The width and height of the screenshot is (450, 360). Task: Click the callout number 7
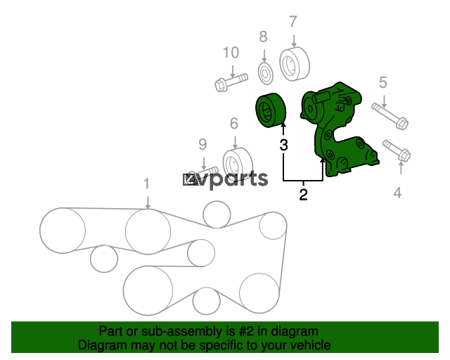pos(292,22)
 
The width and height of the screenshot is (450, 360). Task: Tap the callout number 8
pos(263,37)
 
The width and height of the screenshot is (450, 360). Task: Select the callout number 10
pos(231,53)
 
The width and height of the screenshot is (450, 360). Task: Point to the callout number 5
pos(383,82)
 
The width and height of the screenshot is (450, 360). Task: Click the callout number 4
pos(397,193)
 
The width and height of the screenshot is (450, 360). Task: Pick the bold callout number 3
pos(283,145)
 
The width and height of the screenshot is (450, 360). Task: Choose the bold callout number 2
pos(303,195)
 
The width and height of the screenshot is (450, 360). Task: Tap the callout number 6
pos(234,124)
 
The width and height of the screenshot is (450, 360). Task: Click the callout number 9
pos(202,145)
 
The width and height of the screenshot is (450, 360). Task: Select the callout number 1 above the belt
pos(147,184)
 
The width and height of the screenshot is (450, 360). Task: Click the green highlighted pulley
pos(271,110)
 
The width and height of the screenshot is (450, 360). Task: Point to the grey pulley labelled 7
pos(295,64)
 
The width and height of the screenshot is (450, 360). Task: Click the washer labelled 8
pos(266,73)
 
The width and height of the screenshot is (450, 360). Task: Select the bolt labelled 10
pos(231,82)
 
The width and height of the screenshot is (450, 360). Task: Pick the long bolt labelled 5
pos(390,116)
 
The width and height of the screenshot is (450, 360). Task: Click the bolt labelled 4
pos(397,150)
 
